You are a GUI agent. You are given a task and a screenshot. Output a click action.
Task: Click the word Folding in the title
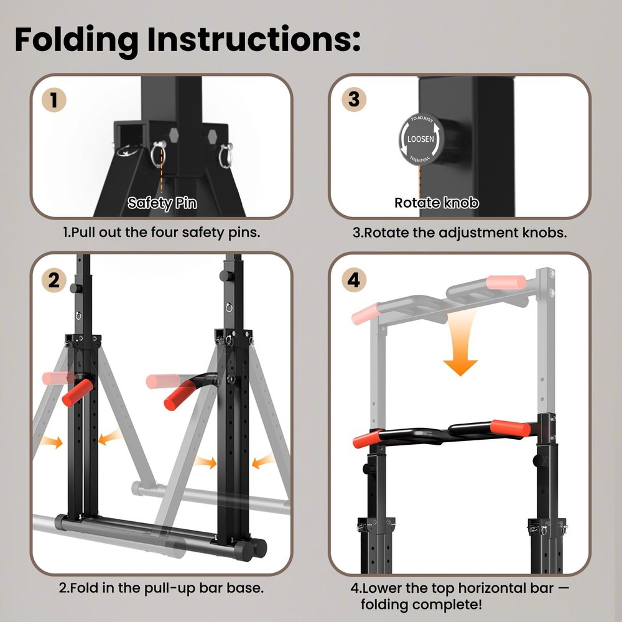pos(77,39)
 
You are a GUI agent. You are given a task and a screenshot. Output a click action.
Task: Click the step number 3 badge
pos(353,100)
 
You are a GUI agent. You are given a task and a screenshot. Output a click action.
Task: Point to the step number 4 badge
pos(353,280)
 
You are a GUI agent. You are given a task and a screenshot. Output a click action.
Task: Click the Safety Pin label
pos(161,203)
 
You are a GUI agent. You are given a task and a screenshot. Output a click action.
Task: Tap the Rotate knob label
pos(437,203)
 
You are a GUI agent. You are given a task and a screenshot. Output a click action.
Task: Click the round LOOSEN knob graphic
pos(420,139)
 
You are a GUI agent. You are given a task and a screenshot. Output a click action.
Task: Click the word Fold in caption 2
pos(83,587)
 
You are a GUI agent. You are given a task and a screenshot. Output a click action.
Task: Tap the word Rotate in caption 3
pos(384,233)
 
